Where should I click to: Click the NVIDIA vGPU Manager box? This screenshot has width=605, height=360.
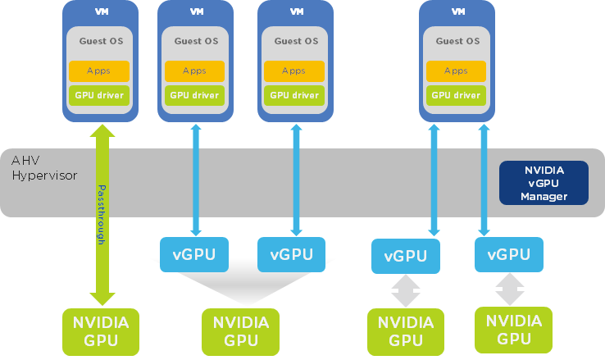(x=544, y=182)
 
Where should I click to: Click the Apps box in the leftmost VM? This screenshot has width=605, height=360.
(x=99, y=71)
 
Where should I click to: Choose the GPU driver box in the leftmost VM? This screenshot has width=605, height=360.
(x=99, y=95)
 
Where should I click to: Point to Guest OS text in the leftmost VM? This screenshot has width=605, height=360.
(x=102, y=41)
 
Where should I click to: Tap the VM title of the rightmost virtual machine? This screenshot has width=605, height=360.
(x=457, y=11)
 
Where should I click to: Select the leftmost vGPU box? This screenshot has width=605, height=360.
(x=194, y=254)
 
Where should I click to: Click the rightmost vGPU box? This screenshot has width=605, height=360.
(x=509, y=255)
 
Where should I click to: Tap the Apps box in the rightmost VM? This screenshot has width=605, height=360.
(x=456, y=71)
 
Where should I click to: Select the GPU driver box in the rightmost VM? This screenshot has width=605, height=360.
(x=456, y=95)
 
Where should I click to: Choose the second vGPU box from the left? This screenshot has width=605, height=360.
(x=291, y=254)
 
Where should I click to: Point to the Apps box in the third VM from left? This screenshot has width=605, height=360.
(x=294, y=71)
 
